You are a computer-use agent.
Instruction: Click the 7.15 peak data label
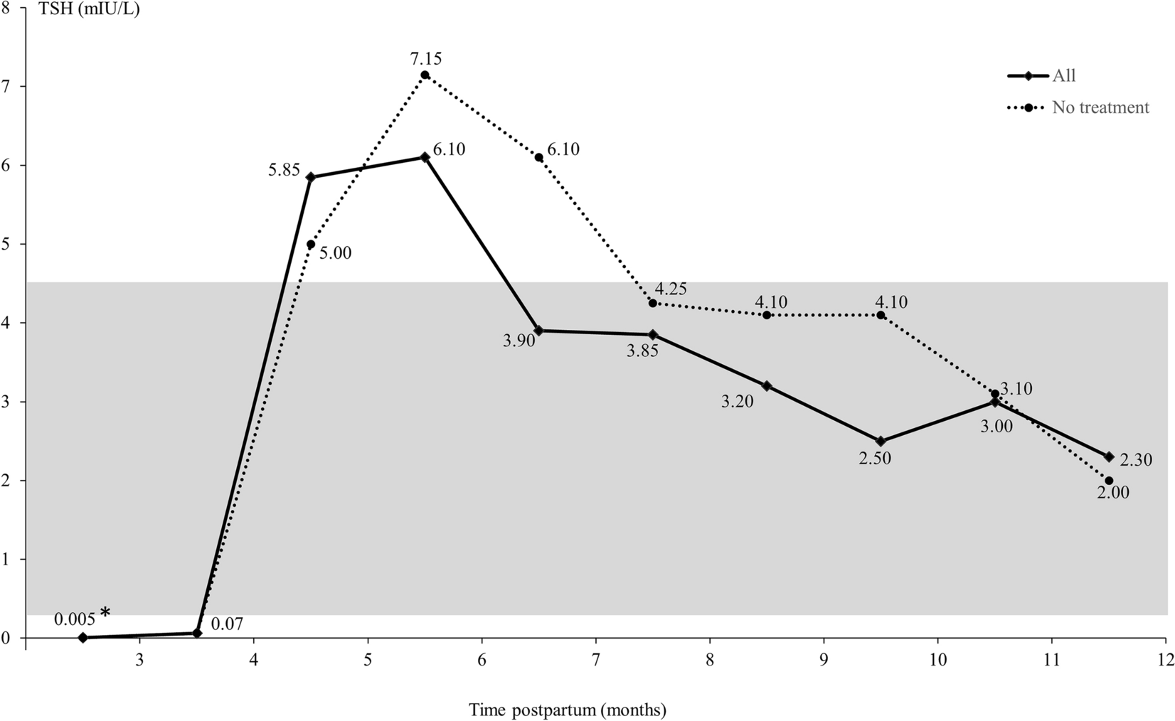(425, 58)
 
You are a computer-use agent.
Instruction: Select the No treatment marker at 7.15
(425, 75)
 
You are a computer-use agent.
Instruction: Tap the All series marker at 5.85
(311, 177)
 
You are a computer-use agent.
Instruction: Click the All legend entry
(1064, 76)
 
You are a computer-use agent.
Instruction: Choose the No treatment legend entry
(1100, 107)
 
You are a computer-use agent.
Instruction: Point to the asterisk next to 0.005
(105, 612)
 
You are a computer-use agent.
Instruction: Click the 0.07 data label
(228, 625)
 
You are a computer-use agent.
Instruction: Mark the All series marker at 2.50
(881, 442)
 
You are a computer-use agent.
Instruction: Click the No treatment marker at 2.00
(1109, 481)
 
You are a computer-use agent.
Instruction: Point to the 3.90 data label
(518, 341)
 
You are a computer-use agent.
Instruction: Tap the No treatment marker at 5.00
(311, 244)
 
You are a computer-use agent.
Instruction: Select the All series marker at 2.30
(1109, 456)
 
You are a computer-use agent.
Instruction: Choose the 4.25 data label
(670, 290)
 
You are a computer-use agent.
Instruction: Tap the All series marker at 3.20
(767, 386)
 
